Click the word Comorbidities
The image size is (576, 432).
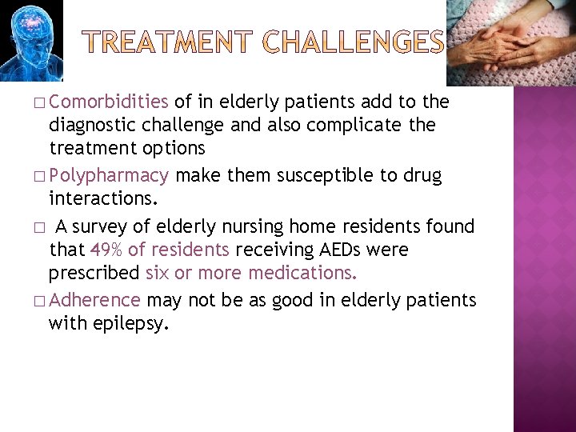point(112,102)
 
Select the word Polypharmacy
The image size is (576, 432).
point(114,175)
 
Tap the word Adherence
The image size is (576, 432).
point(100,300)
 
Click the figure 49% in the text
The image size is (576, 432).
point(107,250)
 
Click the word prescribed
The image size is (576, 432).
point(94,273)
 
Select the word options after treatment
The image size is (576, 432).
point(171,148)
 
